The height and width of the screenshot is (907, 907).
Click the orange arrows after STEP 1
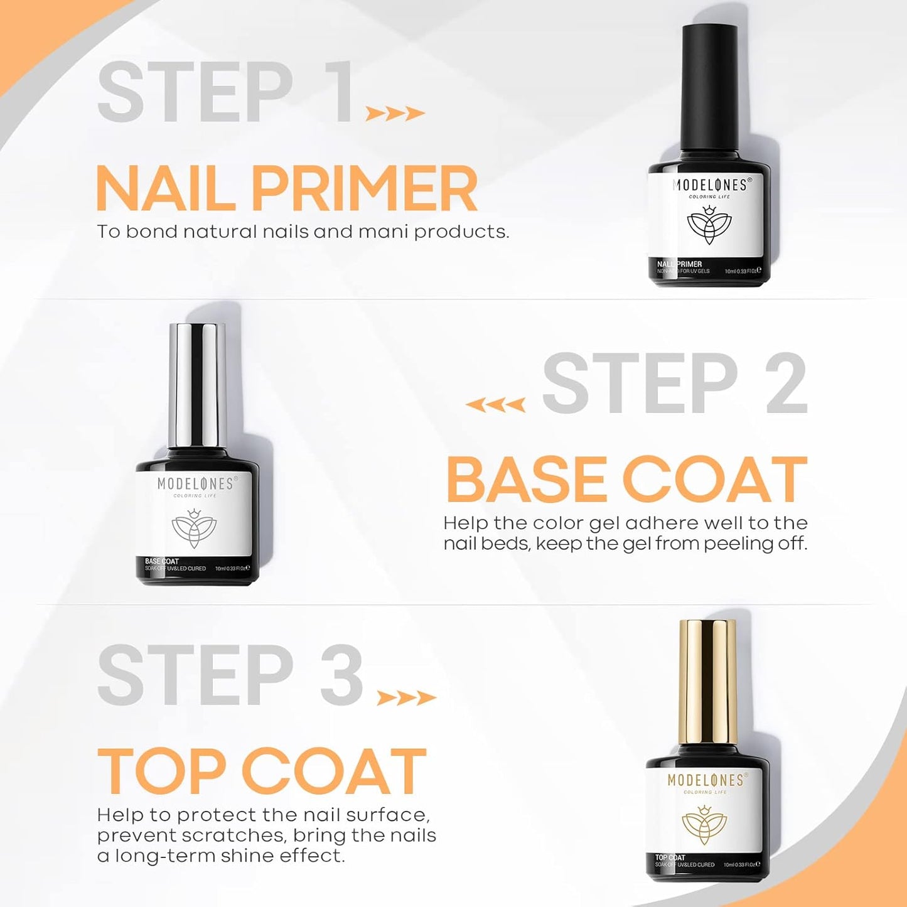pos(395,114)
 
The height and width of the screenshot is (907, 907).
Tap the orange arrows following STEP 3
pos(405,698)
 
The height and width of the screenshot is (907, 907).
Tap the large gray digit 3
pos(341,675)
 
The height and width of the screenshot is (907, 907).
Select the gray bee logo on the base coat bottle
pos(194,525)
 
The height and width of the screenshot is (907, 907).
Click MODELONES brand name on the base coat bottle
pos(195,483)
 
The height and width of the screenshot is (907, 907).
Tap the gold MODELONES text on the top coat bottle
pos(706,780)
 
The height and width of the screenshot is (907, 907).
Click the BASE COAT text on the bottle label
pos(162,561)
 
